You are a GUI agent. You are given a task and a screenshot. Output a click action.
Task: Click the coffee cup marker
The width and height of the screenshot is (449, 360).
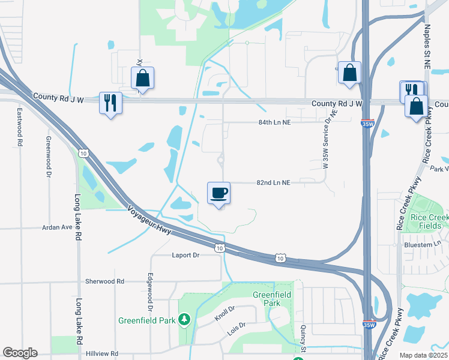tap(218, 193)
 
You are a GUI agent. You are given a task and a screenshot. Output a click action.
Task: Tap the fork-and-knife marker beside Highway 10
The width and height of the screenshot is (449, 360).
tap(110, 103)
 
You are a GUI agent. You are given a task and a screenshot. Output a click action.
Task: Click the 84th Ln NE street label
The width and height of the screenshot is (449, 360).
tap(274, 122)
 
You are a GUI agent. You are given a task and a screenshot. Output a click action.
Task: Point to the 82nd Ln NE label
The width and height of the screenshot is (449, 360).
tap(273, 182)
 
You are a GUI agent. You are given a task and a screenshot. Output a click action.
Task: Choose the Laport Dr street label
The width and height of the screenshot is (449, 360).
tap(185, 254)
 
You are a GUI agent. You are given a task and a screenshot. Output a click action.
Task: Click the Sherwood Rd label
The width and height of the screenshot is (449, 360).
tap(104, 281)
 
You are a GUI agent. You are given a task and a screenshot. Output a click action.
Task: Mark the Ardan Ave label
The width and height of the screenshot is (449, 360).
tap(57, 228)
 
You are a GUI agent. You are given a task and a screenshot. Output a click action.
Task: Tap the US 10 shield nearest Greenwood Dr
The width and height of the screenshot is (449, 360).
tap(84, 154)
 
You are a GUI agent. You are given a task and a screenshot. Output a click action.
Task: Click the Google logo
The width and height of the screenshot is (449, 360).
tap(20, 353)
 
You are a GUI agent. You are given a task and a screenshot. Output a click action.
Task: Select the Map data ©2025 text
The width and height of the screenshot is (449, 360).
tap(423, 355)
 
